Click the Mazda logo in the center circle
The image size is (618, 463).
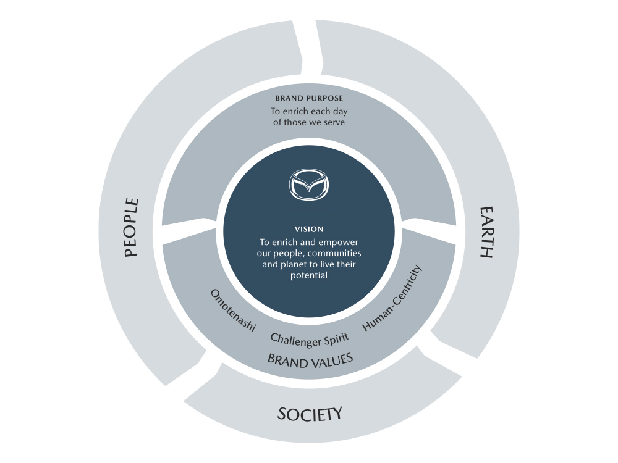coord(309,184)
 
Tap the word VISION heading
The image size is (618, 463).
coord(309,229)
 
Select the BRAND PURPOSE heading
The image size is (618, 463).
coord(309,98)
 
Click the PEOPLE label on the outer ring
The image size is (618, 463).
coord(132,227)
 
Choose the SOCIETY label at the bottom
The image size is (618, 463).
coord(309,414)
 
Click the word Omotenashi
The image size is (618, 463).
coord(233,311)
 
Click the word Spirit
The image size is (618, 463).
coord(336,338)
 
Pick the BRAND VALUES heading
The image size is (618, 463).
coord(310,359)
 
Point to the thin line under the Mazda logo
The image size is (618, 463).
coord(309,209)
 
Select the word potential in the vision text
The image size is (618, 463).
coord(309,275)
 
